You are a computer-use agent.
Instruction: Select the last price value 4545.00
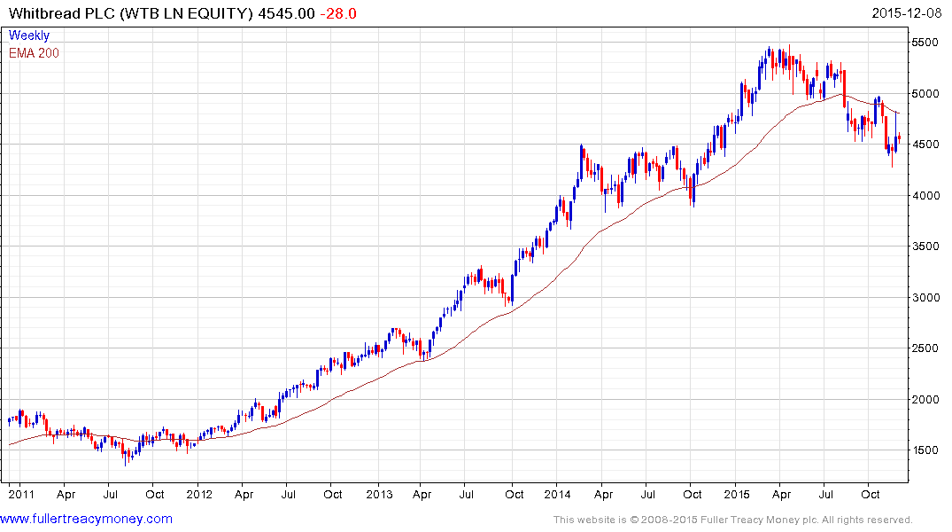coord(284,14)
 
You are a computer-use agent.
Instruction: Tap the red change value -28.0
coord(339,14)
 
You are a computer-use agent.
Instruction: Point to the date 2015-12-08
coord(909,14)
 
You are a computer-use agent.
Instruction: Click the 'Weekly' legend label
coord(28,35)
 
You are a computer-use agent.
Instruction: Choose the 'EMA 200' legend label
coord(34,52)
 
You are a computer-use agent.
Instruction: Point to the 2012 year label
coord(198,493)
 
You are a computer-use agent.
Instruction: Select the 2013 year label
coord(379,493)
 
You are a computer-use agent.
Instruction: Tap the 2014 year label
coord(558,493)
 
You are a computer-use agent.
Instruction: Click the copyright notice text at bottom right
coord(732,520)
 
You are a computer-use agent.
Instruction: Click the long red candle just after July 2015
coord(843,88)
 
